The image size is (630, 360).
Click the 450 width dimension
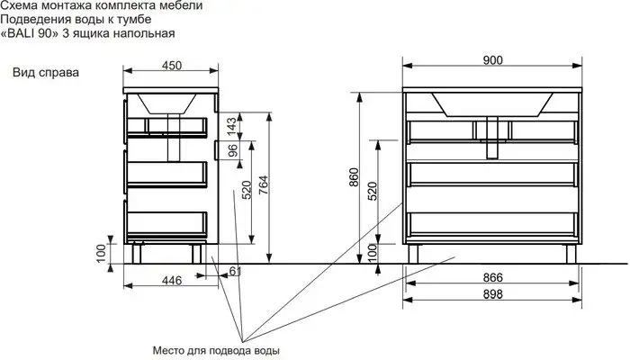click(172, 65)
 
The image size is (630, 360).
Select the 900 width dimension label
click(492, 59)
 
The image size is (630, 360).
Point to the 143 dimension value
click(231, 123)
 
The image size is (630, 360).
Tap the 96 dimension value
click(231, 150)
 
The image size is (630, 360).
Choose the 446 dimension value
click(172, 281)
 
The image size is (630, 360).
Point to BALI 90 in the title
click(36, 33)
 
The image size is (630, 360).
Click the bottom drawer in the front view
click(492, 224)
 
